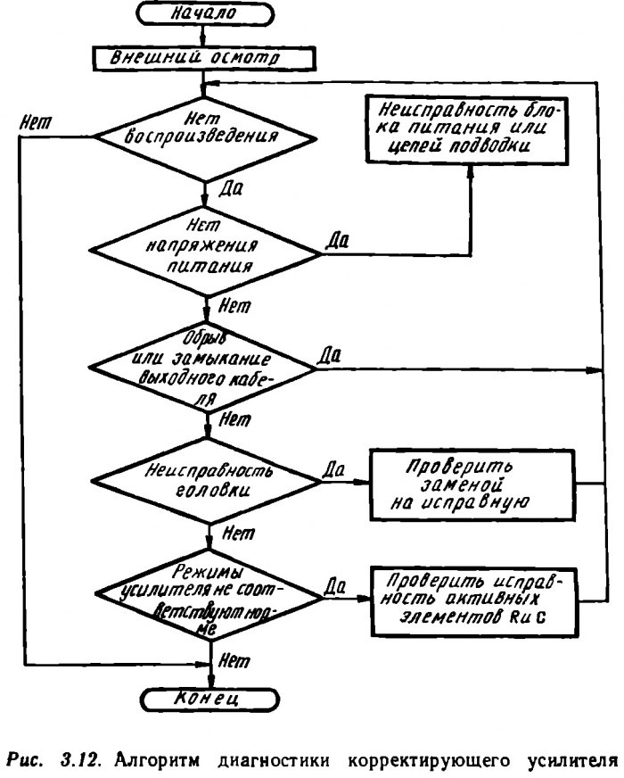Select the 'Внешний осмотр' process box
click(205, 58)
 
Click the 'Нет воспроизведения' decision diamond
click(205, 136)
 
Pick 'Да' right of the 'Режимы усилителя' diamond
click(336, 585)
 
